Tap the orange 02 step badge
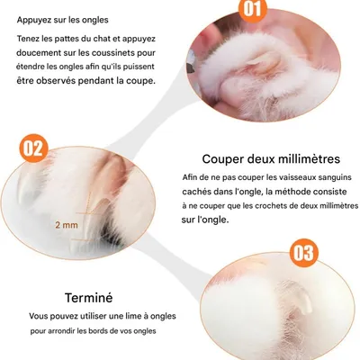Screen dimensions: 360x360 pyautogui.click(x=32, y=146)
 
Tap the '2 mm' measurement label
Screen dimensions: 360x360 pyautogui.click(x=65, y=223)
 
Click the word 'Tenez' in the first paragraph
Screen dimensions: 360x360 pyautogui.click(x=31, y=38)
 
